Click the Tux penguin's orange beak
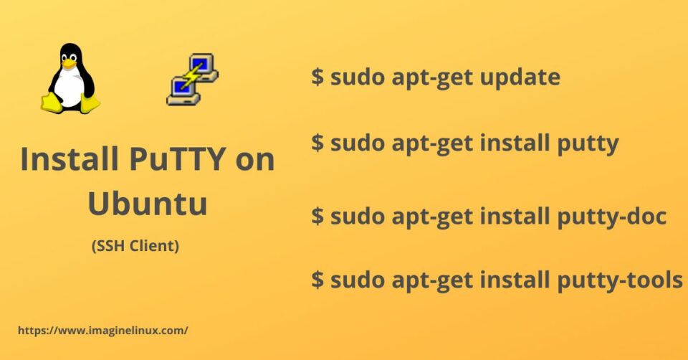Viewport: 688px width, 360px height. coord(69,64)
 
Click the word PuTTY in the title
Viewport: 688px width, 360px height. coord(180,158)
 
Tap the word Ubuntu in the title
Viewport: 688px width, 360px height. coord(148,203)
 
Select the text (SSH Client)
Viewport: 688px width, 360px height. coord(135,246)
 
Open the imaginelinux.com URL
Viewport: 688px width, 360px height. coord(102,331)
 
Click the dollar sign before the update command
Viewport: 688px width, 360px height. coord(317,77)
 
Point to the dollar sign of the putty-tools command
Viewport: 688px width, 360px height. coord(317,280)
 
